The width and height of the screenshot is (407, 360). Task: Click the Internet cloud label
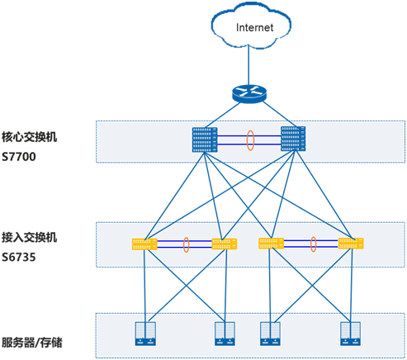click(254, 27)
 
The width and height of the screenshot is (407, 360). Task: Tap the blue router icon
click(249, 94)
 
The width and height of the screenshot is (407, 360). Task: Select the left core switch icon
click(205, 140)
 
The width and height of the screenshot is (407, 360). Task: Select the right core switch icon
click(293, 139)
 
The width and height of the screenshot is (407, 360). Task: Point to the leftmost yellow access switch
click(144, 244)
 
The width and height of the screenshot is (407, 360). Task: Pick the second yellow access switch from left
click(225, 244)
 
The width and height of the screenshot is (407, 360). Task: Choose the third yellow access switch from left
click(271, 244)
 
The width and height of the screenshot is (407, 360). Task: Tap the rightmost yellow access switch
click(351, 244)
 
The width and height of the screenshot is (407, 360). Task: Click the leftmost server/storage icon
click(145, 334)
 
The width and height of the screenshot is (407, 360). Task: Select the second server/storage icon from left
click(225, 334)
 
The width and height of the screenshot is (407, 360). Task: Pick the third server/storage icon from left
click(270, 334)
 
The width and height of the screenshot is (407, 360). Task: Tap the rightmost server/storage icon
click(350, 334)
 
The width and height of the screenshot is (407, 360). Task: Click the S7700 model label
click(19, 157)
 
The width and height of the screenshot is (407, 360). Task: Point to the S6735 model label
click(19, 257)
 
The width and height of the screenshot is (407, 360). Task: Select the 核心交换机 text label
click(29, 137)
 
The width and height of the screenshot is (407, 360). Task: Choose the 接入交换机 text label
click(29, 237)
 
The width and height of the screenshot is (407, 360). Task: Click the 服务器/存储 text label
click(32, 343)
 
